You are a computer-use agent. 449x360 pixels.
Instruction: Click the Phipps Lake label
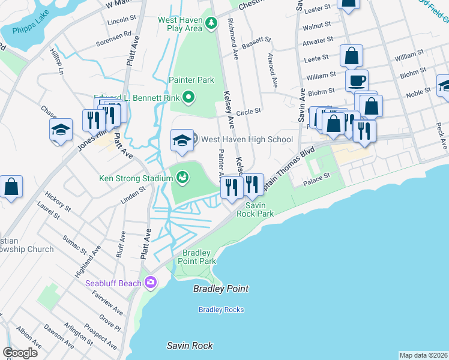(x=28, y=29)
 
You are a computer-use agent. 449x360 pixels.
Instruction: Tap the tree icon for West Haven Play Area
(x=211, y=23)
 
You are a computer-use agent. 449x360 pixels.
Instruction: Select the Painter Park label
(x=191, y=80)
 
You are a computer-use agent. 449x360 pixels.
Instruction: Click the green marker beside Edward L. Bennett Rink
(x=188, y=97)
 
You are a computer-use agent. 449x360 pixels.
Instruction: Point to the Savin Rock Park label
(x=255, y=209)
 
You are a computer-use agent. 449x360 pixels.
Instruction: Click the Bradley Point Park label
(x=199, y=257)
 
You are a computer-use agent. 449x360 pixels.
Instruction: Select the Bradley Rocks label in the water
(x=221, y=310)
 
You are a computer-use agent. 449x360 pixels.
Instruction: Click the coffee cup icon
(x=356, y=80)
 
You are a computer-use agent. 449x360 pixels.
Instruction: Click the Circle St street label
(x=249, y=111)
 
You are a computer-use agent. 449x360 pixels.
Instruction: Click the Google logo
(x=20, y=353)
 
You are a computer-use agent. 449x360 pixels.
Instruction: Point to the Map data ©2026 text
(x=423, y=355)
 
